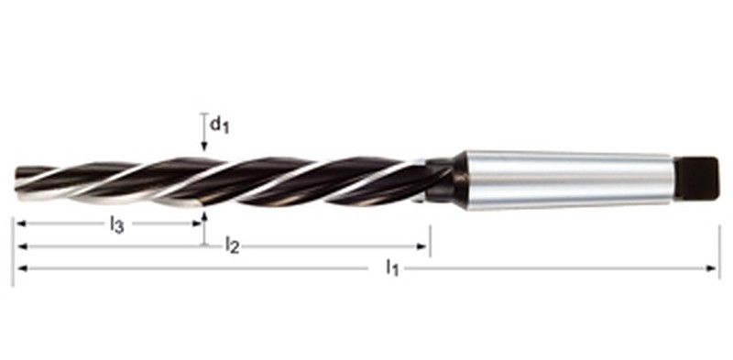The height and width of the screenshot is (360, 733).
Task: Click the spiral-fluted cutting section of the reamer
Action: [x=229, y=179]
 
